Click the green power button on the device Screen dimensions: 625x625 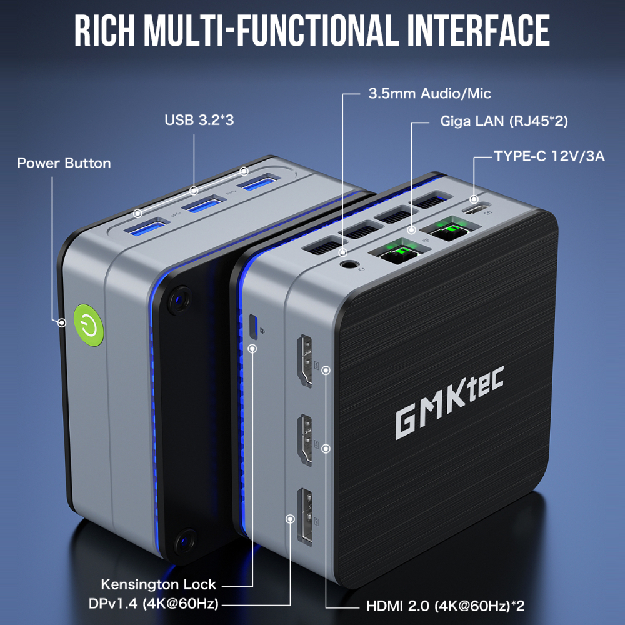pos(87,324)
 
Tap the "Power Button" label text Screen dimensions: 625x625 pos(64,163)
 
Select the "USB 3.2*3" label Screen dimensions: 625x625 pos(199,119)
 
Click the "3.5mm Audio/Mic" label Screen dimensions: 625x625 pos(429,94)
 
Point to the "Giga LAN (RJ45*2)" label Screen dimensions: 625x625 pos(504,121)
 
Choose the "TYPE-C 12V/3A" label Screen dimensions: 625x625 pos(549,156)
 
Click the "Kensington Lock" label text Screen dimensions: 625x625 pos(158,585)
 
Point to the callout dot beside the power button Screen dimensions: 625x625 pos(62,323)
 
